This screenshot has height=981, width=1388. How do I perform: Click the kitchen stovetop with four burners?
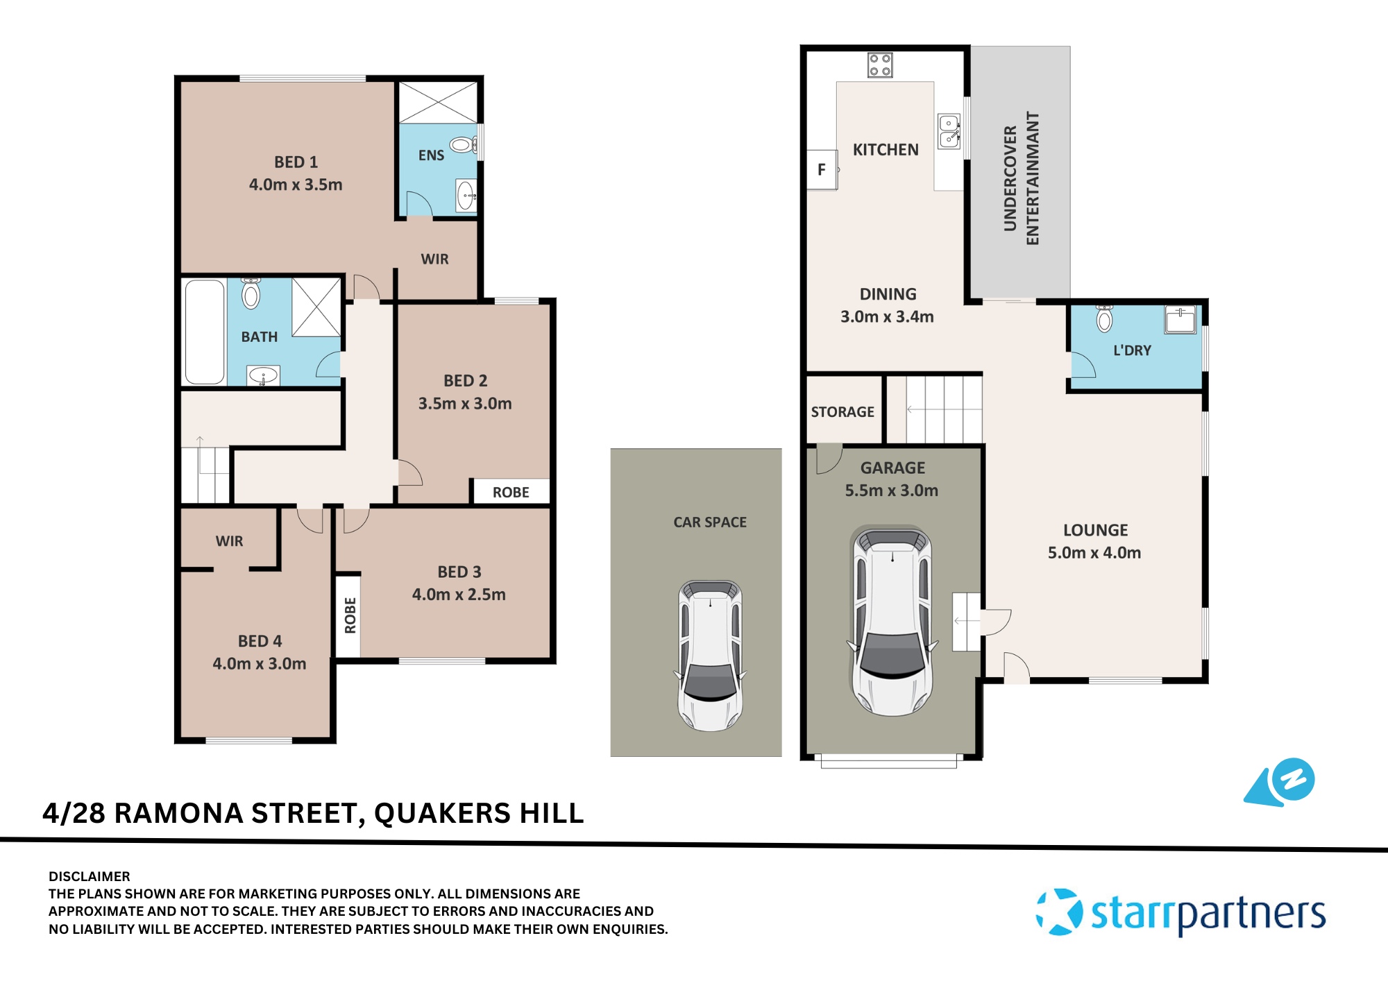point(880,65)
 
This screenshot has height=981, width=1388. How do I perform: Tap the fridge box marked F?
point(822,170)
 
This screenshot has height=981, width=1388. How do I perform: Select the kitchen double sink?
point(949,131)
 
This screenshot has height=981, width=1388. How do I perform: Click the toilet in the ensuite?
point(462,145)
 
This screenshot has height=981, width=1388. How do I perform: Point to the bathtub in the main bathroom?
point(204,332)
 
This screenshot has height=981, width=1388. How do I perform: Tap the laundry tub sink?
point(1180,320)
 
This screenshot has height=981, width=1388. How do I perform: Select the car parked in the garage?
point(892,620)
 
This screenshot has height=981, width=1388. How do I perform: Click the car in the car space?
point(710,655)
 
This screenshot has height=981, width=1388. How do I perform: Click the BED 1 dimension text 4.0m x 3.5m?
point(296,185)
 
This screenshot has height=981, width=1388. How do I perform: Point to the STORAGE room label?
point(843,412)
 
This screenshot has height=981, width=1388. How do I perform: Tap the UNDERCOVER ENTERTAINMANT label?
point(1021,178)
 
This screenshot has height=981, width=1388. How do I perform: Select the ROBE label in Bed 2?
point(511,493)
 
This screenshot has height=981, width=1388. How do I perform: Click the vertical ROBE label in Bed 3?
point(350,615)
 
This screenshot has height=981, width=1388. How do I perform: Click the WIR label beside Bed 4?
point(229,541)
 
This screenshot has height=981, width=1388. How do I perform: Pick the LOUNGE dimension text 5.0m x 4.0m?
point(1094,553)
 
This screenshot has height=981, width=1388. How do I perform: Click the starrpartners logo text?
point(1208,914)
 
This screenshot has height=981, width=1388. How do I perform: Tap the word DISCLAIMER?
point(90,876)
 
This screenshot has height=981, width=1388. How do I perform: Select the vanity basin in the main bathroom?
point(263,376)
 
